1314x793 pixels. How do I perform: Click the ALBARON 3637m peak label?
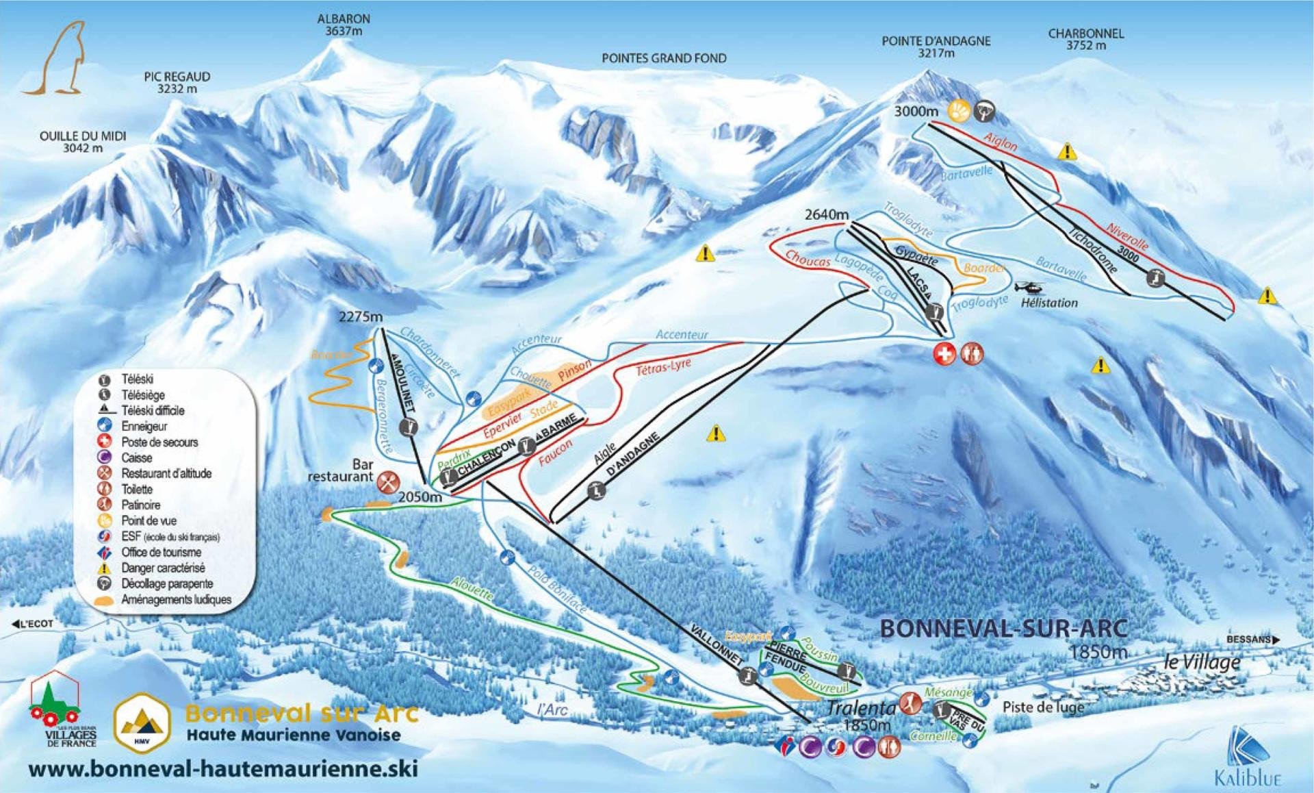tap(344, 25)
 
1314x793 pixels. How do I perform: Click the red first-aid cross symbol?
tap(945, 354)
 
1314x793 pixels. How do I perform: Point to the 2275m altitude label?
tap(360, 317)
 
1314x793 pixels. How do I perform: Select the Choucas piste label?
tap(808, 258)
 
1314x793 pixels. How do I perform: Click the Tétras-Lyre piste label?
tap(663, 367)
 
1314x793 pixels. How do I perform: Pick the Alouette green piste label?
tap(472, 590)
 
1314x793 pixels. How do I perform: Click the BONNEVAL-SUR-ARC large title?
tap(1003, 628)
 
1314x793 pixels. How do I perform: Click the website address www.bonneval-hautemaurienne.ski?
tap(223, 768)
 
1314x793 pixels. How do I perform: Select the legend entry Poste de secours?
tap(159, 442)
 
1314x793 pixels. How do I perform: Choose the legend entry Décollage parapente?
tap(166, 584)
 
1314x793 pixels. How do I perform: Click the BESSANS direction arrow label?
tap(1252, 640)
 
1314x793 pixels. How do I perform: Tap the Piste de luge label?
tap(1043, 707)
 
